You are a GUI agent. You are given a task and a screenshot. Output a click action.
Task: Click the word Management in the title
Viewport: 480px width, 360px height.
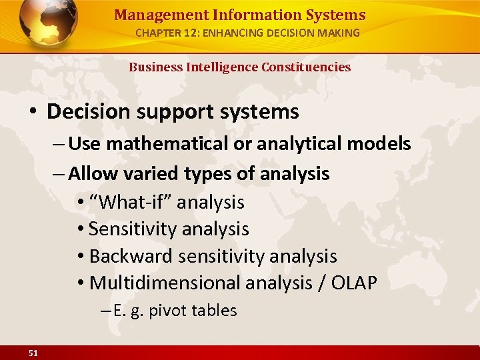tap(150, 15)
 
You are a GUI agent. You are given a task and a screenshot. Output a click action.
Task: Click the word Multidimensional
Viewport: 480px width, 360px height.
tap(165, 283)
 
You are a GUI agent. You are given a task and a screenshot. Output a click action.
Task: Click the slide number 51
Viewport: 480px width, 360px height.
tap(33, 353)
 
